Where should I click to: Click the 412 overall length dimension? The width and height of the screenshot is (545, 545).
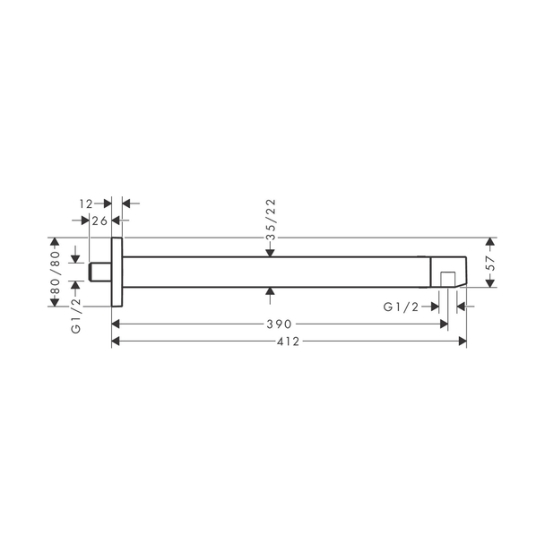click(288, 342)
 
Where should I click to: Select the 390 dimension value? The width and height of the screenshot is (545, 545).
click(279, 324)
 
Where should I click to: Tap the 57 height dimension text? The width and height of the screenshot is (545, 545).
click(490, 264)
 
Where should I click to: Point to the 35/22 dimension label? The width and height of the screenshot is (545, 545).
click(271, 220)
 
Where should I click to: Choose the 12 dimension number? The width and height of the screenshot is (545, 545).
click(86, 203)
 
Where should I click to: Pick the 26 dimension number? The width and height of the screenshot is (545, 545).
click(99, 221)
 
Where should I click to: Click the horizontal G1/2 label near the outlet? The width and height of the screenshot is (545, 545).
click(401, 307)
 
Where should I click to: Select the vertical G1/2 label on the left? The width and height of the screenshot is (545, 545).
click(76, 316)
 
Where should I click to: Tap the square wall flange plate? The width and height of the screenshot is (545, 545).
click(117, 272)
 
